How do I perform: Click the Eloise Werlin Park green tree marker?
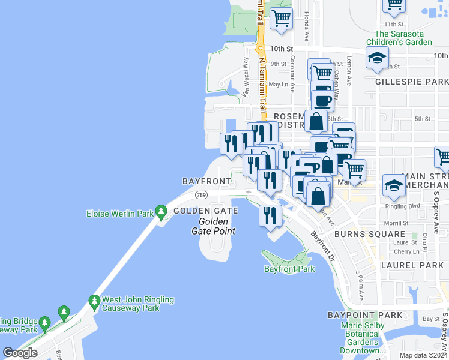160,212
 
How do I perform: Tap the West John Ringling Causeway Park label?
137,304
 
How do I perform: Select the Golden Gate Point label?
213,226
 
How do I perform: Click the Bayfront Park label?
289,269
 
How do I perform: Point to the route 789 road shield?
201,194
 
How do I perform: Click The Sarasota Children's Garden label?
403,38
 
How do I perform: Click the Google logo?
20,352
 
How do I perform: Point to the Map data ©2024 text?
423,355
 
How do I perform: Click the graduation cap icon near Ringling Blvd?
393,185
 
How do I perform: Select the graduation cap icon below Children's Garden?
376,58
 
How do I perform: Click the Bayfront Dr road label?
323,247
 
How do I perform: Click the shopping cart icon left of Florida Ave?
280,19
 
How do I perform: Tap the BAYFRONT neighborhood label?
206,181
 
